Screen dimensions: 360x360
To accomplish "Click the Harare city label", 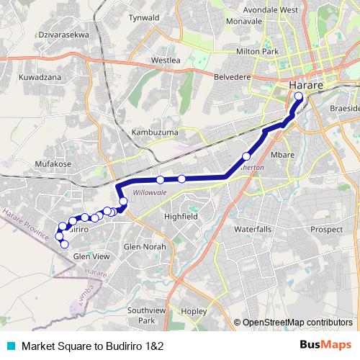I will [x=305, y=86].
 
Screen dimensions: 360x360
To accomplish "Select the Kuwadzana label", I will [x=40, y=76].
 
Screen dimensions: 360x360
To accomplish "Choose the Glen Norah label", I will [x=145, y=246].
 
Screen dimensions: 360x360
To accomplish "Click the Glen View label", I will [x=91, y=256].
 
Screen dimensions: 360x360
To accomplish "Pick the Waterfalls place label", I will [x=253, y=229].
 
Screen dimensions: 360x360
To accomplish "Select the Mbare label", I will [x=281, y=154].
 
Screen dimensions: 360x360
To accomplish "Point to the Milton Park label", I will [x=257, y=52].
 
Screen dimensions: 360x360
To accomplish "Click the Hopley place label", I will [x=194, y=311].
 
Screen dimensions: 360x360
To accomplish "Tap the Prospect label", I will [x=326, y=229].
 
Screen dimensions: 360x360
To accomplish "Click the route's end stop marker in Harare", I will [x=299, y=104].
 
